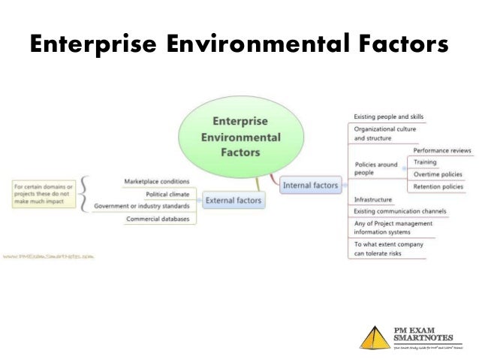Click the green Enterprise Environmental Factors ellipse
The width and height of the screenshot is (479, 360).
click(236, 136)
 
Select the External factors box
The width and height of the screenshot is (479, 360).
click(233, 200)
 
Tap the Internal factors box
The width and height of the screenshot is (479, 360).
click(311, 184)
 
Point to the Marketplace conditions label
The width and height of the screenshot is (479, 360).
click(156, 181)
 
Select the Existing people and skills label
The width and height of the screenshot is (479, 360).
click(389, 116)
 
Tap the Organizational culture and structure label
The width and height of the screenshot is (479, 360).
click(384, 134)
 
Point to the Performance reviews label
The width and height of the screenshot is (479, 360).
click(442, 151)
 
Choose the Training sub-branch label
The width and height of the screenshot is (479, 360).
click(425, 162)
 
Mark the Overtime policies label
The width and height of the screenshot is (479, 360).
click(438, 174)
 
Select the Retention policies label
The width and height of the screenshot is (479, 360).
click(438, 186)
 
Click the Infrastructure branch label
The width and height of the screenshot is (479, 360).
click(373, 200)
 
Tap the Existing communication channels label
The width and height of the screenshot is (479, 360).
click(400, 211)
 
